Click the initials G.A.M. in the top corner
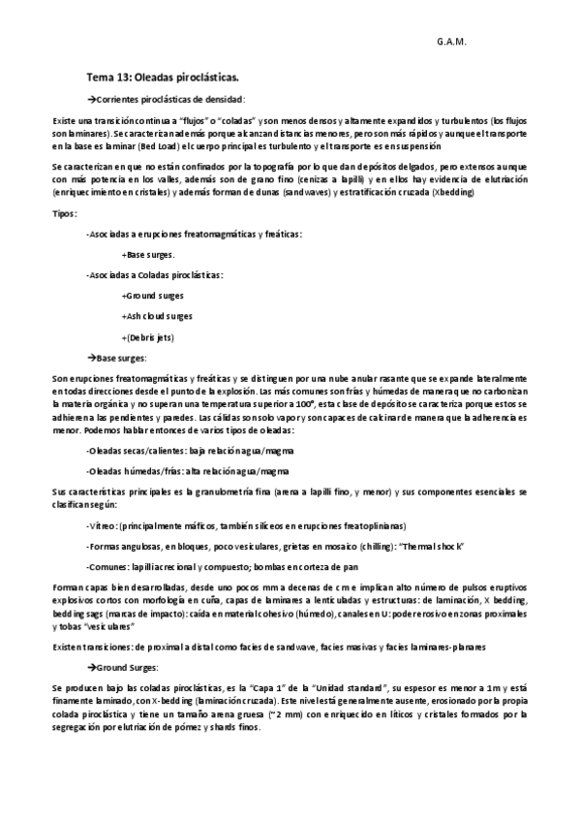tap(450, 44)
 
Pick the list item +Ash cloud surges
tap(157, 315)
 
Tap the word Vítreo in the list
tap(104, 526)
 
